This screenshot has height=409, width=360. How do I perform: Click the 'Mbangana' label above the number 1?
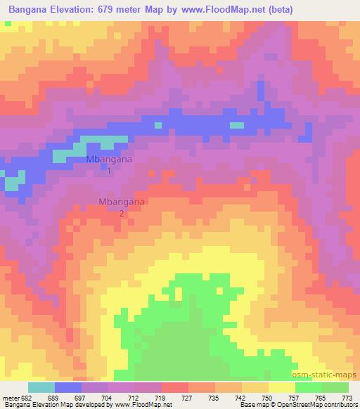(x=109, y=160)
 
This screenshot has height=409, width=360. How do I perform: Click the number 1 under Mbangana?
(x=109, y=170)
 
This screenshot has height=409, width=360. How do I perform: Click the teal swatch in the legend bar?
(x=41, y=387)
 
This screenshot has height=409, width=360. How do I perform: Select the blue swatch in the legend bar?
(x=68, y=387)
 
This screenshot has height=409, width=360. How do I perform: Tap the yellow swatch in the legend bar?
(x=281, y=387)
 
